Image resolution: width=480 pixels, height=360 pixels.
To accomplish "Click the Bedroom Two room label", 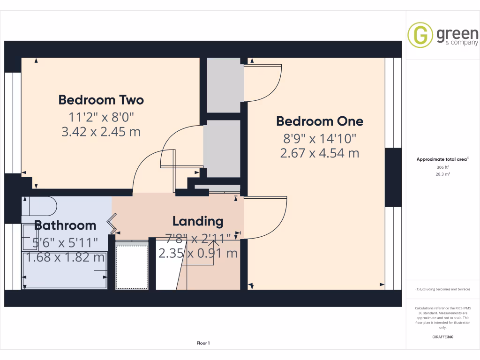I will click(x=101, y=100).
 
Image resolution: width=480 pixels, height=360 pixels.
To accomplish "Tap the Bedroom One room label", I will click(x=320, y=121).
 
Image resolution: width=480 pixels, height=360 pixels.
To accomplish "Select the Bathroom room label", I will click(x=65, y=225).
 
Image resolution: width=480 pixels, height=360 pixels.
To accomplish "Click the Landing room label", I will click(x=198, y=221).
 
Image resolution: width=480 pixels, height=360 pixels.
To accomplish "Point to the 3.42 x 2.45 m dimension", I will click(x=101, y=132).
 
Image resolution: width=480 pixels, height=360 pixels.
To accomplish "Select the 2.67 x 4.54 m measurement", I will click(x=320, y=153).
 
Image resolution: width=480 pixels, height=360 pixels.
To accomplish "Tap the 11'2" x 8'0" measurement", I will click(x=101, y=116).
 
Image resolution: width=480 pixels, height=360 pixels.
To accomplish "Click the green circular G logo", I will click(x=420, y=35).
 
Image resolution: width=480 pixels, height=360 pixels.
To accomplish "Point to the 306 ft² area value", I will click(x=442, y=167).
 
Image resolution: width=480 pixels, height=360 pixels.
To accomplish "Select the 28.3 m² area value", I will click(x=442, y=174).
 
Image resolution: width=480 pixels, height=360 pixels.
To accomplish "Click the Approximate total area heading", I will click(x=442, y=159).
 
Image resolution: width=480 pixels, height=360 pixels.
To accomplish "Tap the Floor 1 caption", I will click(x=203, y=344).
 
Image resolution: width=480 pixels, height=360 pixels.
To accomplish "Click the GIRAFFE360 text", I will click(x=442, y=337).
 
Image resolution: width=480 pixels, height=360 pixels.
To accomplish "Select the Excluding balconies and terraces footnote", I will click(x=442, y=289).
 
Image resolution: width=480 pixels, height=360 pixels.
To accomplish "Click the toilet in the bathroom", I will click(x=40, y=205).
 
